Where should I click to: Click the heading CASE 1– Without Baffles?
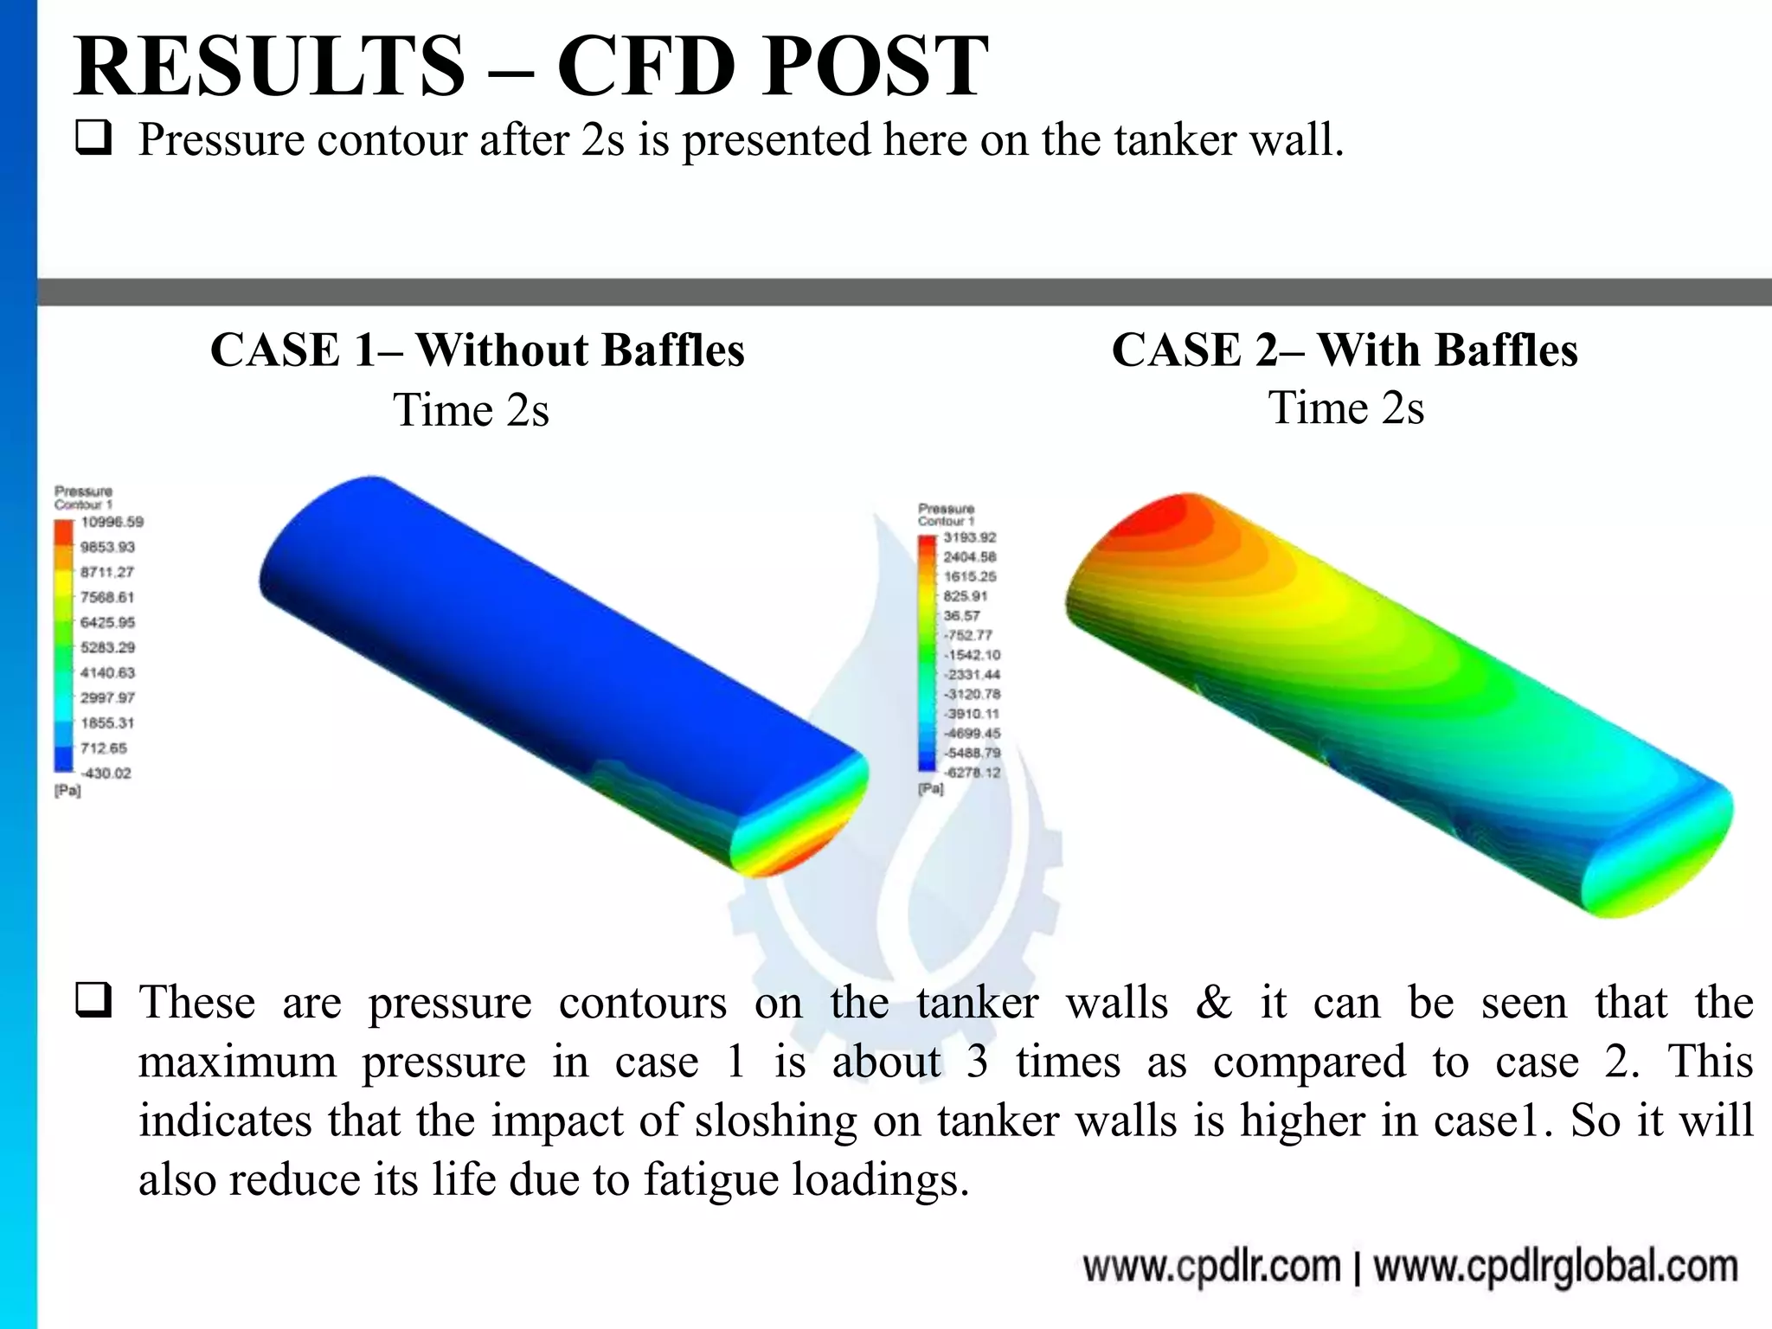click(x=477, y=350)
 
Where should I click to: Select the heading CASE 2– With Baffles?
click(x=1345, y=350)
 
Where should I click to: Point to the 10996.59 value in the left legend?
click(x=112, y=522)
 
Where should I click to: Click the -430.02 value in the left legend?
click(x=106, y=773)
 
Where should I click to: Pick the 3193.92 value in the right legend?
click(x=970, y=537)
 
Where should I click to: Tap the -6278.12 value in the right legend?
click(x=971, y=772)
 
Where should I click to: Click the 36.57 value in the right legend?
click(x=961, y=615)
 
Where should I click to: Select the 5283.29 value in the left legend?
click(x=108, y=647)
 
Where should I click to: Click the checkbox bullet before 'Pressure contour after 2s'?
click(x=93, y=138)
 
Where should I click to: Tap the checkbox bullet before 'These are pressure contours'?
click(x=93, y=1000)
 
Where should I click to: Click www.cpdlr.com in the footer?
click(x=1211, y=1268)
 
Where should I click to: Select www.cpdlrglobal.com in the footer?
click(x=1555, y=1268)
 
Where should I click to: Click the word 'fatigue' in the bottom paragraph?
click(x=710, y=1178)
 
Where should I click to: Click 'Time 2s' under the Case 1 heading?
click(x=472, y=409)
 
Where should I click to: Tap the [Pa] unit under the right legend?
click(x=931, y=789)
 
